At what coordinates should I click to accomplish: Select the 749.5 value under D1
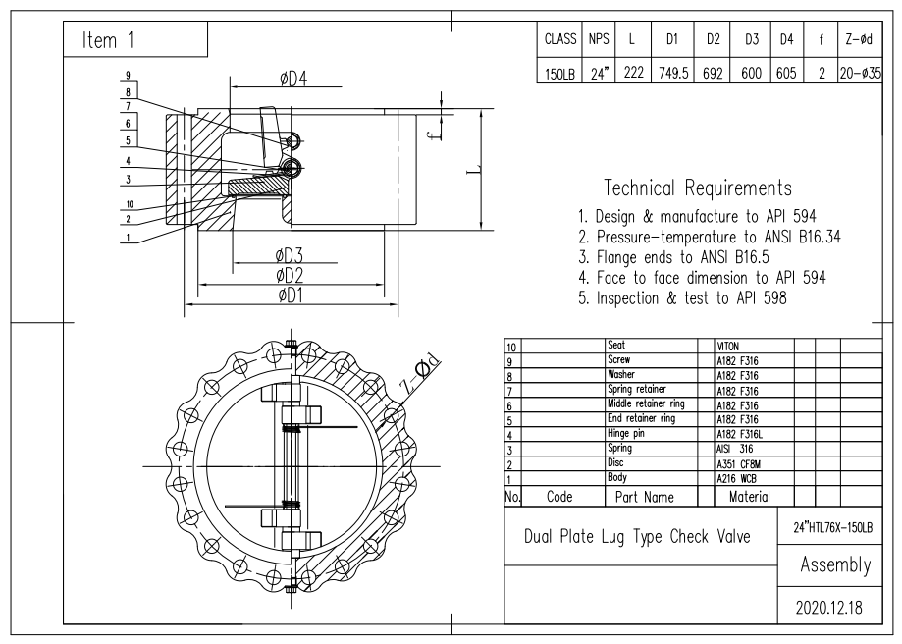coord(673,73)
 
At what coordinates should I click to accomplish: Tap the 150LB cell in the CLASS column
coord(558,73)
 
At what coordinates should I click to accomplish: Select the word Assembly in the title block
coord(835,564)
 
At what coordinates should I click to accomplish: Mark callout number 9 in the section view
coord(128,75)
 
